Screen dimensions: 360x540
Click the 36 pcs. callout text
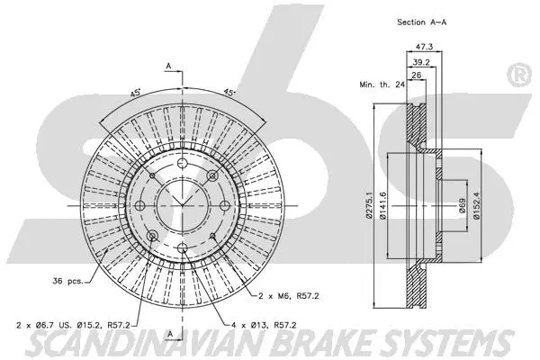(68, 281)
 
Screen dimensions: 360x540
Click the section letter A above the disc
(167, 66)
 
